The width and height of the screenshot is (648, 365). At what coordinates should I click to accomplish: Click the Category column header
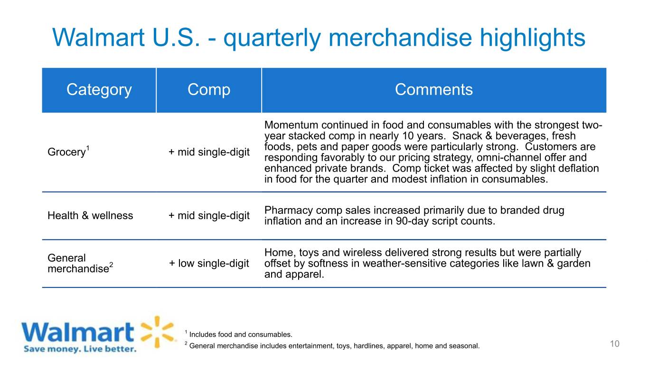click(x=99, y=89)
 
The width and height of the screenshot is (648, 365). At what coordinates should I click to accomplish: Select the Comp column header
click(x=209, y=89)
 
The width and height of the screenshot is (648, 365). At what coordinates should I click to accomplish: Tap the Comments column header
click(x=433, y=89)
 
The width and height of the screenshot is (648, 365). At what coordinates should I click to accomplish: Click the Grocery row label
click(x=68, y=152)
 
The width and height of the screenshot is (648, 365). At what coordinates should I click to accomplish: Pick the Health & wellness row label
click(x=90, y=215)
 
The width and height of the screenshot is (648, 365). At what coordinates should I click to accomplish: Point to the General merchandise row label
click(x=80, y=263)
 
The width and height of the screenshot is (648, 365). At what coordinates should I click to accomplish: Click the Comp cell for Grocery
click(x=209, y=152)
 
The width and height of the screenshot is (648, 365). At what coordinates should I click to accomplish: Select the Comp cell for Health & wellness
click(x=209, y=216)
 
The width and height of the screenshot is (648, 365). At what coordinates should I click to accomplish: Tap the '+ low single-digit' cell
click(x=209, y=263)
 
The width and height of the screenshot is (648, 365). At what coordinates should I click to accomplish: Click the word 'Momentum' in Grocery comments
click(x=291, y=125)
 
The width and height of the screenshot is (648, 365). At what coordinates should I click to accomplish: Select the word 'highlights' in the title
click(x=533, y=38)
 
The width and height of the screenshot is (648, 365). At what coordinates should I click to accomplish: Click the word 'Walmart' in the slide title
click(x=98, y=38)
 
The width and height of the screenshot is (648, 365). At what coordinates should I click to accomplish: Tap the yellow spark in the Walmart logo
click(x=158, y=332)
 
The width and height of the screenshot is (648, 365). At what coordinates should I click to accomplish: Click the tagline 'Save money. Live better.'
click(x=80, y=349)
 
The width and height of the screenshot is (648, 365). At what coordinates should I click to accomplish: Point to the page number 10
click(x=615, y=344)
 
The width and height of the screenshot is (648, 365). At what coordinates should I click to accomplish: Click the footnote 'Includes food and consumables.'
click(x=241, y=335)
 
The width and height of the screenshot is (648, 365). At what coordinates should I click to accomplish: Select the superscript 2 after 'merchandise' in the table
click(x=111, y=264)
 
